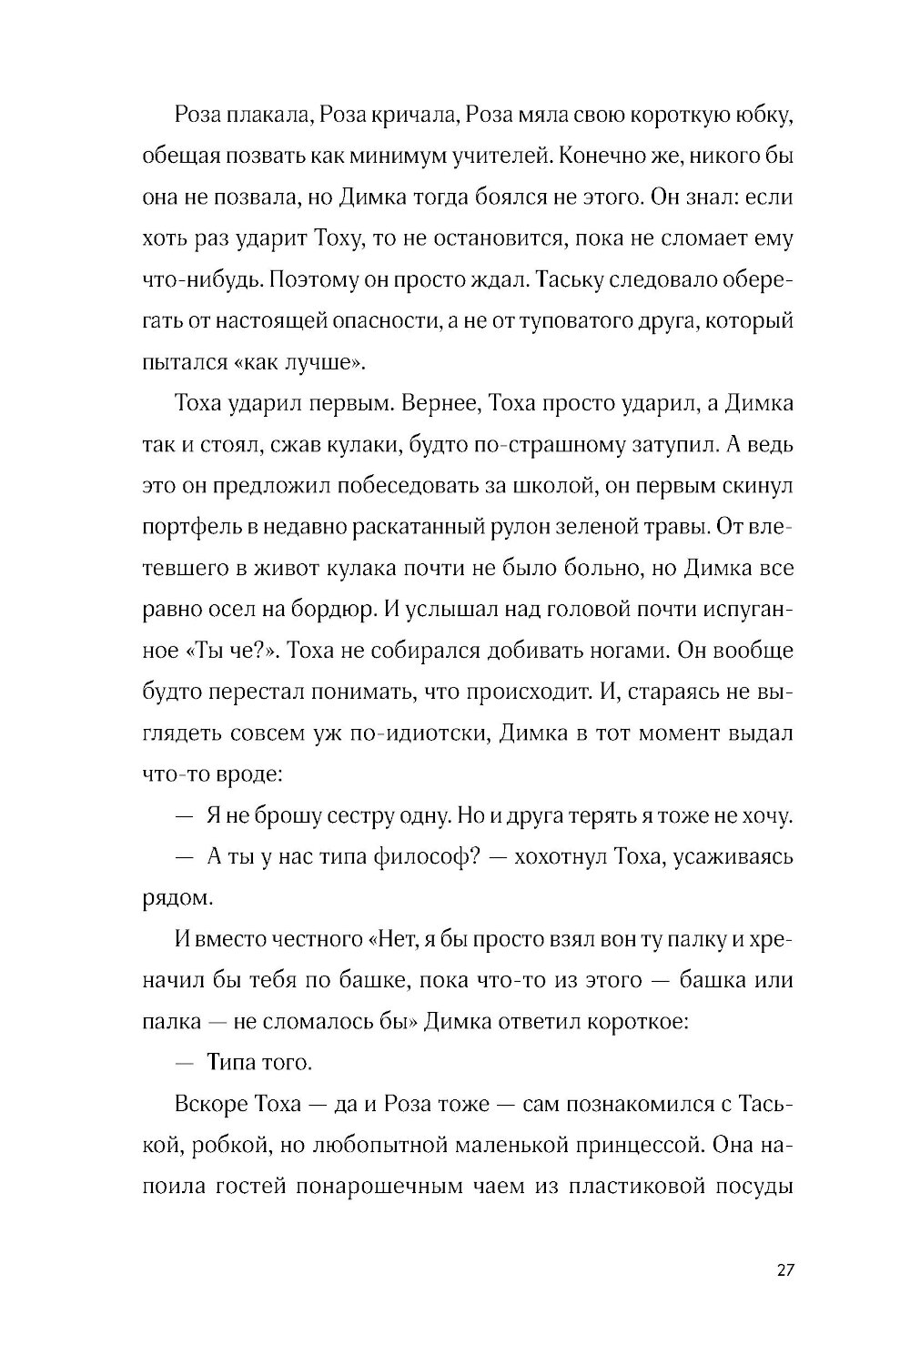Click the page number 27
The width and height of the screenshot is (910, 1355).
[785, 1271]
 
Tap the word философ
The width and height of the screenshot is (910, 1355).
[420, 857]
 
